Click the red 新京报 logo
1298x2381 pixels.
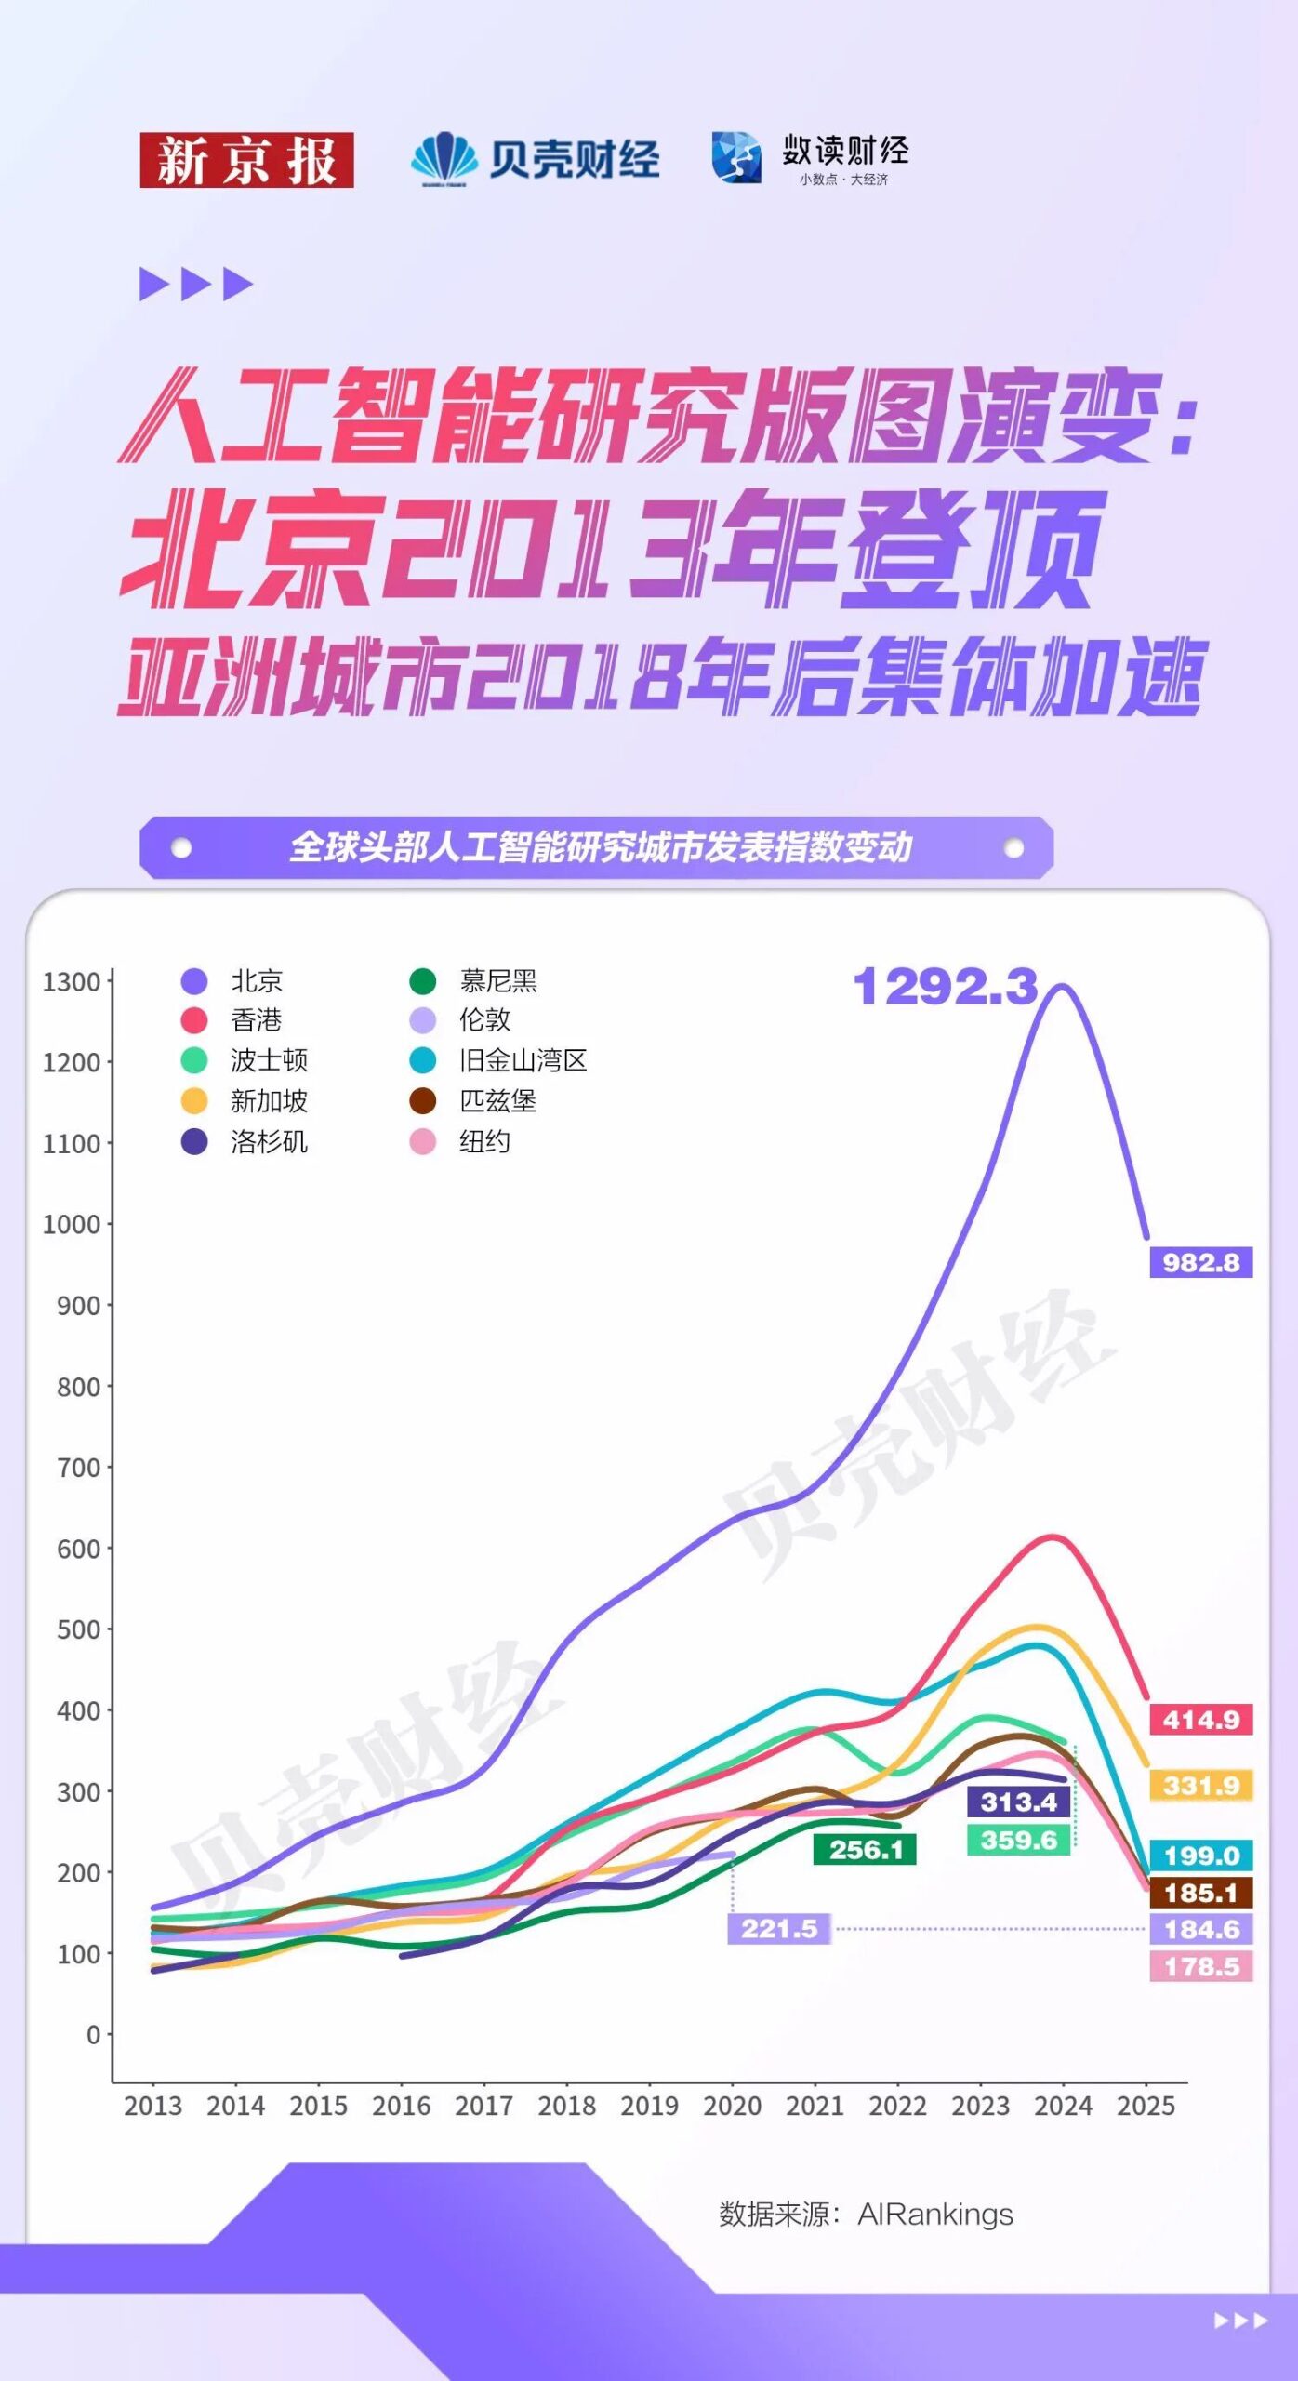tap(246, 160)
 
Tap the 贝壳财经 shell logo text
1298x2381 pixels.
tap(574, 160)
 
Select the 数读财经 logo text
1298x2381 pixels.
tap(844, 151)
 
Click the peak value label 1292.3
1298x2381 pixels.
tap(945, 987)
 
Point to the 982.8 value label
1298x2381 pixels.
tap(1200, 1262)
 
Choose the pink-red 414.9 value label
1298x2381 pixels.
tap(1200, 1719)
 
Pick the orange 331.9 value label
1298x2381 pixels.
tap(1200, 1785)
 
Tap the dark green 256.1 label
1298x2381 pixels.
tap(866, 1849)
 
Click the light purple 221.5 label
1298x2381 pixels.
tap(779, 1928)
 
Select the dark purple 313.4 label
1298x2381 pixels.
tap(1019, 1802)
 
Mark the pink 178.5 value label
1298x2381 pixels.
tap(1200, 1966)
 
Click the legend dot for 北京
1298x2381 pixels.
tap(194, 981)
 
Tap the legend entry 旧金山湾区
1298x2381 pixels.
tap(523, 1060)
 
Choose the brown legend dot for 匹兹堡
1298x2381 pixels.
tap(423, 1101)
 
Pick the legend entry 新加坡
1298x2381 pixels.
tap(269, 1101)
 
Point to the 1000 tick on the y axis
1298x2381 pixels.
tap(72, 1224)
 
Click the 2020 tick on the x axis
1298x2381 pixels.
tap(732, 2106)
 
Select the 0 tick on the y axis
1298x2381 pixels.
tap(93, 2035)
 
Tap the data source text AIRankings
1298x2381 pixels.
tap(934, 2215)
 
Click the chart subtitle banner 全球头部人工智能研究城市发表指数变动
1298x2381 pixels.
tap(600, 847)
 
